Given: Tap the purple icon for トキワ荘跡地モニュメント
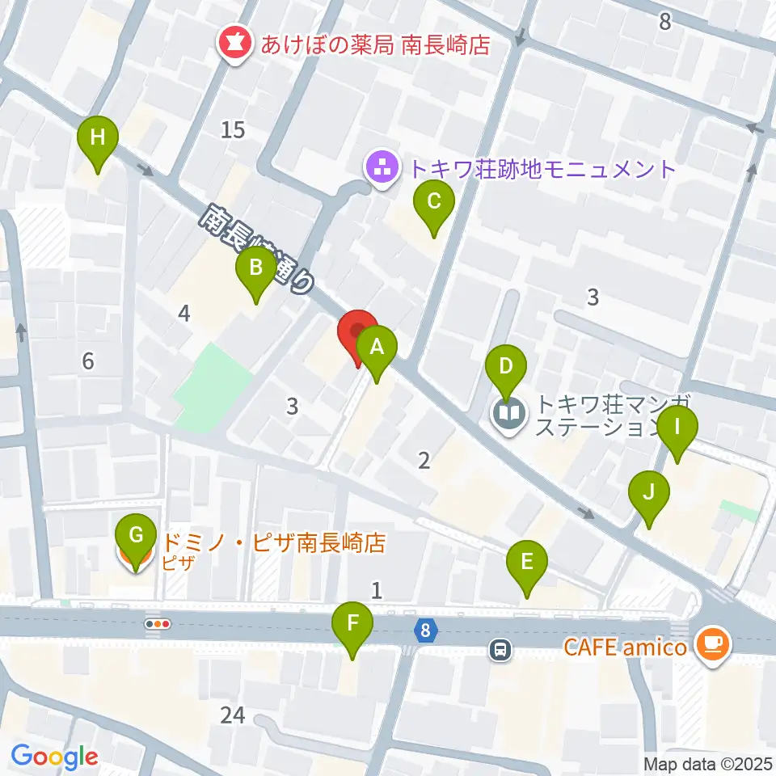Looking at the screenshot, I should tap(382, 168).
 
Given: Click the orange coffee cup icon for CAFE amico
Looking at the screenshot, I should tap(713, 645).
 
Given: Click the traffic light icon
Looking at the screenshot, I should tap(158, 624).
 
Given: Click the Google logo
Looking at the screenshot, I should tap(55, 757).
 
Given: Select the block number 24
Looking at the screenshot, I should tap(232, 715).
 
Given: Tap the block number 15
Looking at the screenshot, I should tap(232, 129).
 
